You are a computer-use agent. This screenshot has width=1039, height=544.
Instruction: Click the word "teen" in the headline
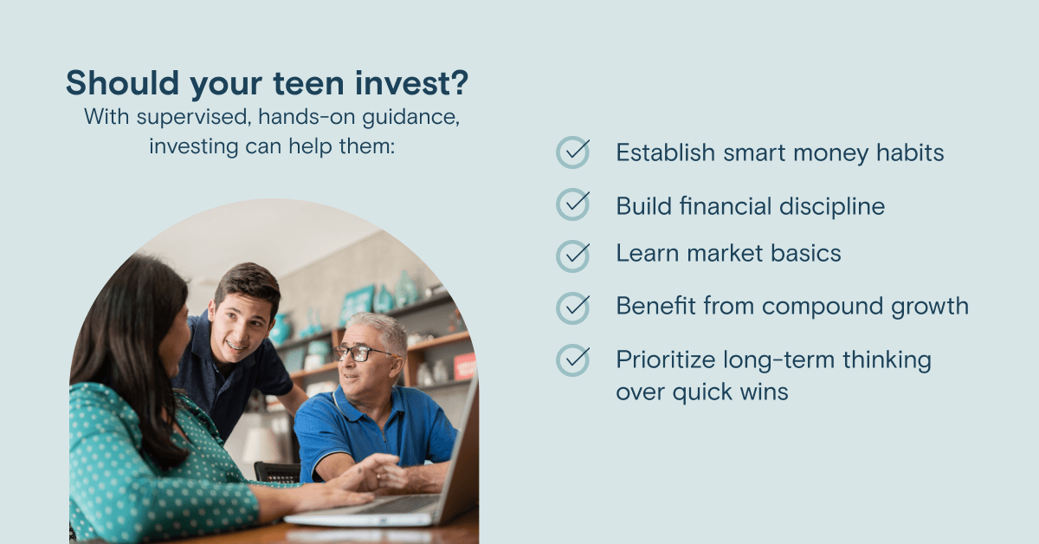point(308,83)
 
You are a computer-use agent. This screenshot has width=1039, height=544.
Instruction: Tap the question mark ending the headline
point(460,82)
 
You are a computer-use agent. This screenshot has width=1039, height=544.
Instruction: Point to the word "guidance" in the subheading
point(411,118)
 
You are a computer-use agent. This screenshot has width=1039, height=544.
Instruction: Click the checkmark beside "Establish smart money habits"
point(573,152)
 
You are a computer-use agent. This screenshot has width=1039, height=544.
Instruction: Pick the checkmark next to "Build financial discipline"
point(573,204)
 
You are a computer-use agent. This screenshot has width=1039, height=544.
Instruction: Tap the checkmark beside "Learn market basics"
point(573,256)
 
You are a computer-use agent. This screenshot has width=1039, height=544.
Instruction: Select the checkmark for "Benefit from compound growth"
point(573,308)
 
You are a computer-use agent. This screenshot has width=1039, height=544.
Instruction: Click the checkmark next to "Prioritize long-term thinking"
point(573,360)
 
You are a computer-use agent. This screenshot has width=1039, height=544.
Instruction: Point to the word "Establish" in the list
point(665,152)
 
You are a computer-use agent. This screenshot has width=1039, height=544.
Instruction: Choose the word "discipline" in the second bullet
point(832,207)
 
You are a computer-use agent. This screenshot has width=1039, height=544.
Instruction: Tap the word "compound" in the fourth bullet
point(823,308)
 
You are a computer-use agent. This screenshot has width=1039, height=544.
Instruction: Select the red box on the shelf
point(465,366)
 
